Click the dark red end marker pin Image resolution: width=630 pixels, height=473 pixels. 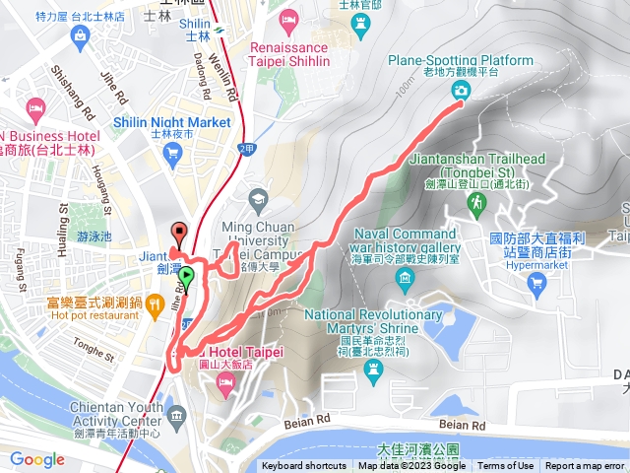(178, 233)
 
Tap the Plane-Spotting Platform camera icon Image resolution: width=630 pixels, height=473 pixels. (461, 91)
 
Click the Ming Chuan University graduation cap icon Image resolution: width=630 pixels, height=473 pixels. (258, 198)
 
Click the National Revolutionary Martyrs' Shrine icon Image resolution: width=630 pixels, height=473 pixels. (372, 369)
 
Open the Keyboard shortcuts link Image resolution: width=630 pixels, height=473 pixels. (304, 466)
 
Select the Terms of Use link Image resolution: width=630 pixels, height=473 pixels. (506, 466)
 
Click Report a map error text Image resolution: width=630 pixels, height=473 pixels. (585, 466)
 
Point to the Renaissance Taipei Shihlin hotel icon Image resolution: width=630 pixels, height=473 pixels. (288, 20)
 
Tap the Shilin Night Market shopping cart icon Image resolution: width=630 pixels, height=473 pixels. (174, 152)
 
